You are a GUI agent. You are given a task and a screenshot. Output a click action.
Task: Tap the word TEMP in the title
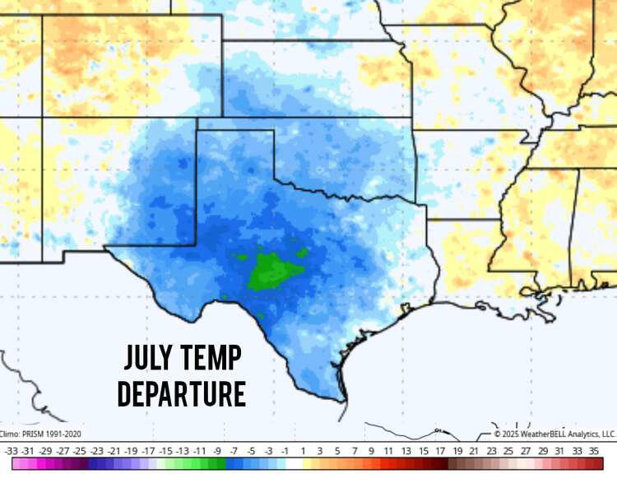coord(213,358)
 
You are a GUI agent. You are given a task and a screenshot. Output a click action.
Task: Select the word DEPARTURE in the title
coord(182,394)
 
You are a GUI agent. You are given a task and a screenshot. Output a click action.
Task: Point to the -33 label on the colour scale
coord(12,450)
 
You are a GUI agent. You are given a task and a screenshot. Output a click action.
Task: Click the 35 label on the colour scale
coord(594,450)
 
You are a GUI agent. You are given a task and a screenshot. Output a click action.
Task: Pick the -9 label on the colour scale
coord(216,450)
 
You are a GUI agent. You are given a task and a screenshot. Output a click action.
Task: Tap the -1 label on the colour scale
coord(285,450)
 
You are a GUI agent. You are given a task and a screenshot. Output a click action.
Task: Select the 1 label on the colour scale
coord(303,450)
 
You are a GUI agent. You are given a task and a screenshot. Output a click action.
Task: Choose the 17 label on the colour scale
coord(440,450)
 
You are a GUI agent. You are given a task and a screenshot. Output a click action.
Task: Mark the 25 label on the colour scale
coord(508,450)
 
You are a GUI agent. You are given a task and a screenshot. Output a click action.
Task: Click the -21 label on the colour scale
coord(114,450)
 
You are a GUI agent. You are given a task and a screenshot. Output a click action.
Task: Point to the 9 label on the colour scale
coord(371,450)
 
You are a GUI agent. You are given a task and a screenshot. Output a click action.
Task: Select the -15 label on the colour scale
coord(165,450)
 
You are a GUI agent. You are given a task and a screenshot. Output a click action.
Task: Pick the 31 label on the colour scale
coord(559,450)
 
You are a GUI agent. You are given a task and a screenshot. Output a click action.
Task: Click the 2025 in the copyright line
coord(511,434)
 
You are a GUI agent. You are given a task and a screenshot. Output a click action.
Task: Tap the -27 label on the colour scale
coord(63,450)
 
